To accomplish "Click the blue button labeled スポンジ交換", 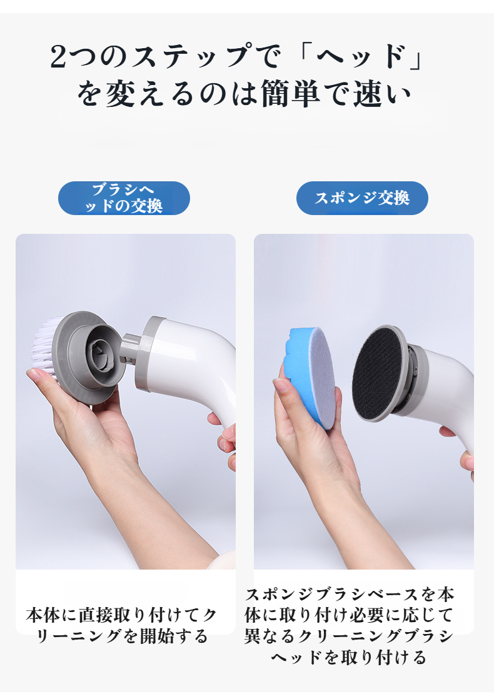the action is tap(362, 198).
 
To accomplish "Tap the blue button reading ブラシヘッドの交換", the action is tap(124, 198).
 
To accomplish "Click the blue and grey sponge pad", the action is tap(308, 377).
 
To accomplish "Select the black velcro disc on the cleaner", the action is tap(376, 375).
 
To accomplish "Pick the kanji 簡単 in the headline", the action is tap(290, 93).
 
